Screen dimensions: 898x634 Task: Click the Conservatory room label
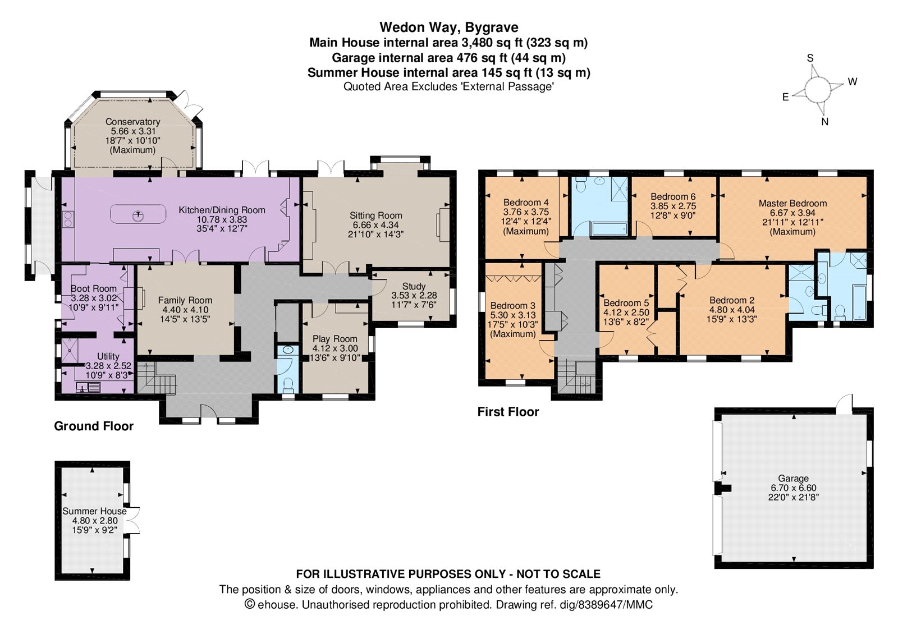[x=132, y=121]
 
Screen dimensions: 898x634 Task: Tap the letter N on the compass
[x=824, y=122]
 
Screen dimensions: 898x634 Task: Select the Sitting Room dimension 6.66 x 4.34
[x=375, y=225]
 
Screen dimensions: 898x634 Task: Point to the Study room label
[x=414, y=286]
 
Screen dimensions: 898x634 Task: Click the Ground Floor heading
[x=94, y=426]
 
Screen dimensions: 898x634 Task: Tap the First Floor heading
[x=508, y=412]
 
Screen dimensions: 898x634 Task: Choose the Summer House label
[x=94, y=511]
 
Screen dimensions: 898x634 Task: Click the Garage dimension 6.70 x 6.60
[x=794, y=488]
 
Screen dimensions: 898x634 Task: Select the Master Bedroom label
[x=792, y=203]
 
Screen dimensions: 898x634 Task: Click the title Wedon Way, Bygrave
[x=448, y=27]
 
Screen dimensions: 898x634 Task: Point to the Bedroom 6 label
[x=673, y=197]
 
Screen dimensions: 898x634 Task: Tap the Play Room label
[x=335, y=339]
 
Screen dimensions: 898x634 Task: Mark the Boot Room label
[x=93, y=288]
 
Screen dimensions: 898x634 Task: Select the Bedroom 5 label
[x=626, y=303]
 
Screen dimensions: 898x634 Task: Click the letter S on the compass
[x=810, y=58]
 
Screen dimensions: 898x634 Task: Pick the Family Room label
[x=185, y=300]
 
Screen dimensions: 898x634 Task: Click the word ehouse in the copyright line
[x=277, y=604]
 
